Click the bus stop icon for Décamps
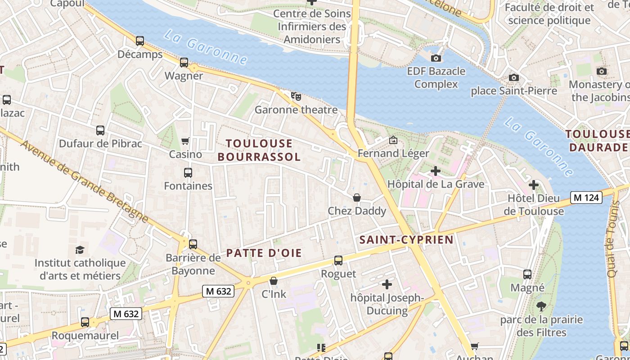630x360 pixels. [140, 41]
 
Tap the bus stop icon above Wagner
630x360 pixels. [184, 63]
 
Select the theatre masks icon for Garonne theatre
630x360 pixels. [296, 96]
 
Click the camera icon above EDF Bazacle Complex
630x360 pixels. [436, 58]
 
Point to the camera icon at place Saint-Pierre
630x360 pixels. [513, 77]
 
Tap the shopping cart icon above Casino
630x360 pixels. [185, 141]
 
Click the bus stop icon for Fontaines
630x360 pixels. [188, 172]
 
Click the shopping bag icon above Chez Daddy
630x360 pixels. [357, 198]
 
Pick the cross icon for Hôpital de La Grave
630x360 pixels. [435, 171]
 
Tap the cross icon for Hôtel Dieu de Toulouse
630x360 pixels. [533, 185]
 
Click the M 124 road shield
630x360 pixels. [586, 197]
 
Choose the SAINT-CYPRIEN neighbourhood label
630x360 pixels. [406, 239]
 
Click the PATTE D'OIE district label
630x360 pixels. [264, 253]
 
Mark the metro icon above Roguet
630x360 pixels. [338, 260]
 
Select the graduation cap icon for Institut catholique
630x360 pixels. [80, 250]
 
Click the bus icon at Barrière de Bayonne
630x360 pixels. [193, 244]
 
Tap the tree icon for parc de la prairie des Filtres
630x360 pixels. [541, 306]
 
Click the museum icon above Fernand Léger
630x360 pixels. [393, 140]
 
